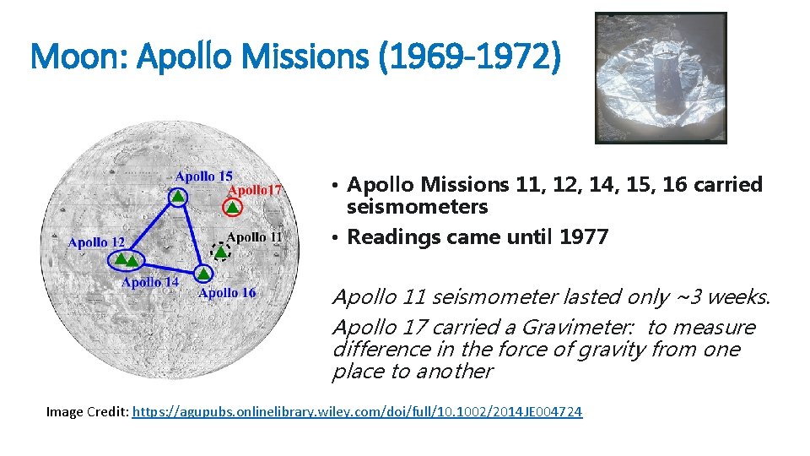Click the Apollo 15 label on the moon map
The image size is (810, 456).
tap(203, 176)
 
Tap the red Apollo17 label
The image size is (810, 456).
tap(255, 190)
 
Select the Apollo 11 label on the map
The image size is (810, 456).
tap(254, 237)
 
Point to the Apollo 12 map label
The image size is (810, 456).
tap(96, 242)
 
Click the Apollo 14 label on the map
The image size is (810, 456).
tap(150, 282)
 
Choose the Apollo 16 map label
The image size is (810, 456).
tap(226, 293)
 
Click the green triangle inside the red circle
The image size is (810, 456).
tap(232, 207)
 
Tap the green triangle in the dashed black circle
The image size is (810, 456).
tap(220, 251)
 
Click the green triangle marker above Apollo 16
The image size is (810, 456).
tap(203, 274)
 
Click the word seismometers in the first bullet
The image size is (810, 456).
tap(417, 207)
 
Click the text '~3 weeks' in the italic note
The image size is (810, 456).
tap(724, 297)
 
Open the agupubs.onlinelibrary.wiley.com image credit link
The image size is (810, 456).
tap(358, 412)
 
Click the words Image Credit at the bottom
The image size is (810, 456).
tap(87, 412)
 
